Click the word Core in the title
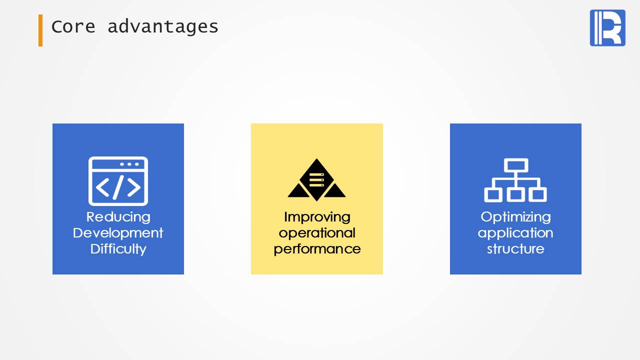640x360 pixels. [x=73, y=26]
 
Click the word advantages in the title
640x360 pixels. [x=163, y=27]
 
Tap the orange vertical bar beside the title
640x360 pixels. [x=40, y=30]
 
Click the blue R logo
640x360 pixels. [x=607, y=27]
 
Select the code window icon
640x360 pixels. [x=118, y=181]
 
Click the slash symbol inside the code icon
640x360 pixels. [x=118, y=187]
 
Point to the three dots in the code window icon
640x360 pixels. [x=129, y=164]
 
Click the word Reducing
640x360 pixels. [x=118, y=217]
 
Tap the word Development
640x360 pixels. [x=118, y=233]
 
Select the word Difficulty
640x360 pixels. [x=118, y=249]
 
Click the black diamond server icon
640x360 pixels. [x=316, y=179]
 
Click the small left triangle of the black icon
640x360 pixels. [x=298, y=190]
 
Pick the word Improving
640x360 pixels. [x=317, y=217]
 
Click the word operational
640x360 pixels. [x=317, y=233]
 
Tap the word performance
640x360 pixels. [x=317, y=249]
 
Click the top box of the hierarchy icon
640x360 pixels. [x=516, y=165]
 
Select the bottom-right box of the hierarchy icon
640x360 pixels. [x=537, y=195]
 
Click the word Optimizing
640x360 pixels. [x=515, y=217]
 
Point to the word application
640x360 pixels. [x=515, y=233]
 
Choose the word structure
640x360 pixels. [x=515, y=249]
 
